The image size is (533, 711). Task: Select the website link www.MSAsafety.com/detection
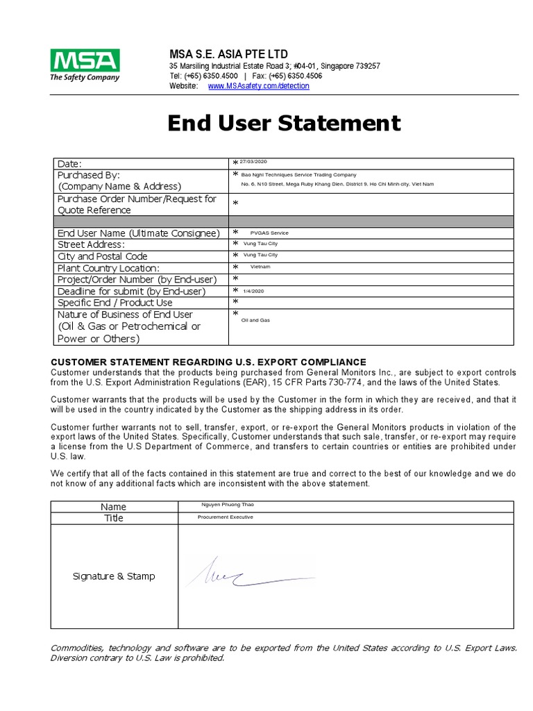pos(258,86)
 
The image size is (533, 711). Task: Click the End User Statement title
pos(284,124)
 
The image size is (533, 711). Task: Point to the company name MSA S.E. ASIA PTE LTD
pos(228,54)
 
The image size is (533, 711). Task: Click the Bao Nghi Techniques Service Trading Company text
pos(298,175)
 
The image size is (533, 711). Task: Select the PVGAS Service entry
pos(269,233)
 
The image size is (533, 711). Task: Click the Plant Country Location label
pos(108,268)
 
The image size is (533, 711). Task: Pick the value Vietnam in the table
pos(260,267)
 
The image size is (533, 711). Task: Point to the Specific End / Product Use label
pos(115,303)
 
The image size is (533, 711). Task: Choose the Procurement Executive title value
pos(226,517)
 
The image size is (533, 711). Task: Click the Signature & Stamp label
pos(114,576)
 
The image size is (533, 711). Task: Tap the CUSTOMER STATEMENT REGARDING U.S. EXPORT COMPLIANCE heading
pos(208,362)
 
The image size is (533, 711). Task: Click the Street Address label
pos(91,244)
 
